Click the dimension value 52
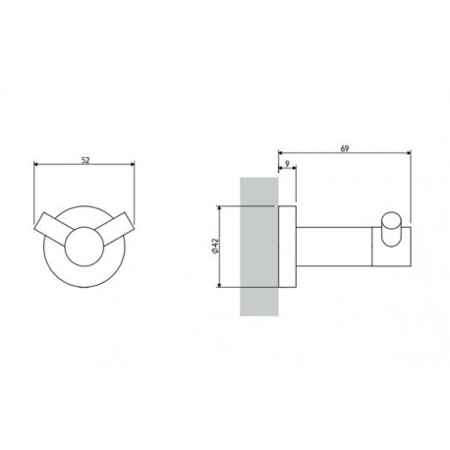click(x=85, y=160)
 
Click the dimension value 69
click(x=345, y=148)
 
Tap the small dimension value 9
click(x=287, y=164)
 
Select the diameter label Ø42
click(x=215, y=246)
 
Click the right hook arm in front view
click(x=117, y=229)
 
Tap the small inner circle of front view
click(x=84, y=247)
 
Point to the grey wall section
click(x=259, y=247)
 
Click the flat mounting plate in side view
click(x=287, y=247)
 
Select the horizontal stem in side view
click(x=334, y=247)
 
